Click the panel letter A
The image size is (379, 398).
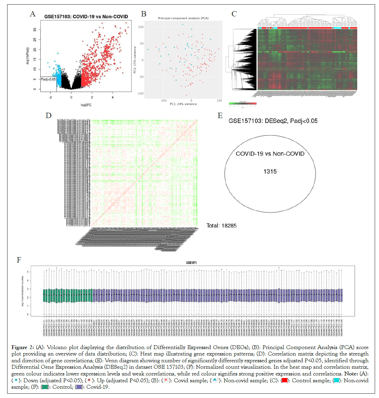coord(33,14)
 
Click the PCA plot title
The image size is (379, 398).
coord(183,18)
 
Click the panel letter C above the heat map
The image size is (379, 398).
coord(234,14)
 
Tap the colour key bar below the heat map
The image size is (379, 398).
coord(243,103)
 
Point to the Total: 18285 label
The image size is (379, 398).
coord(222,225)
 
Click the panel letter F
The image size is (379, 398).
coord(20,260)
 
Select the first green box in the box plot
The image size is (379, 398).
coord(45,295)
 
